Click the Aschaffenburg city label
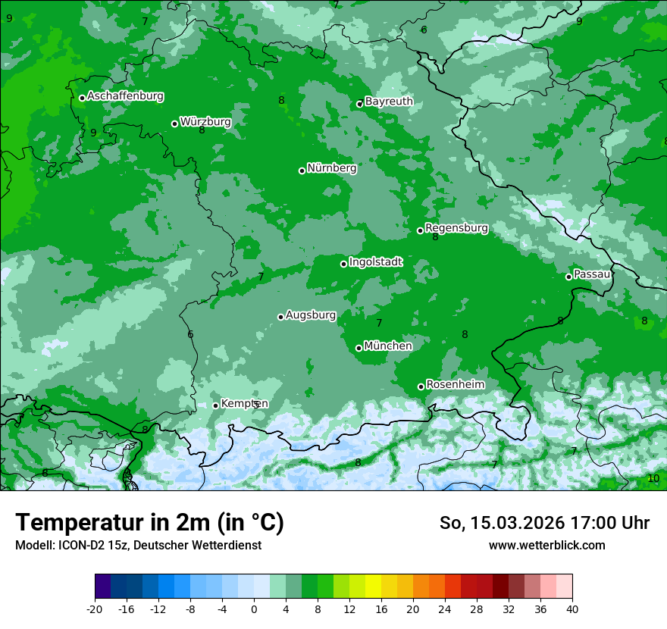coord(125,96)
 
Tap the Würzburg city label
coord(205,122)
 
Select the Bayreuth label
coord(389,102)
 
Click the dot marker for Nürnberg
coord(302,171)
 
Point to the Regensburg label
coord(456,228)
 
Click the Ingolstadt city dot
coord(343,264)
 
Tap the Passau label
coord(592,274)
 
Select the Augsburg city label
coord(310,315)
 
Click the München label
coord(387,346)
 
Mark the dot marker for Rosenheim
coord(421,386)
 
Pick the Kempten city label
coord(244,404)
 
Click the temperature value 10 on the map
coord(653,478)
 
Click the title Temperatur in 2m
coord(149,523)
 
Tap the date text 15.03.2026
coord(516,523)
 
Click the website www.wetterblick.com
coord(546,545)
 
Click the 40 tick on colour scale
coord(572,609)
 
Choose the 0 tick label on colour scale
coord(254,609)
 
